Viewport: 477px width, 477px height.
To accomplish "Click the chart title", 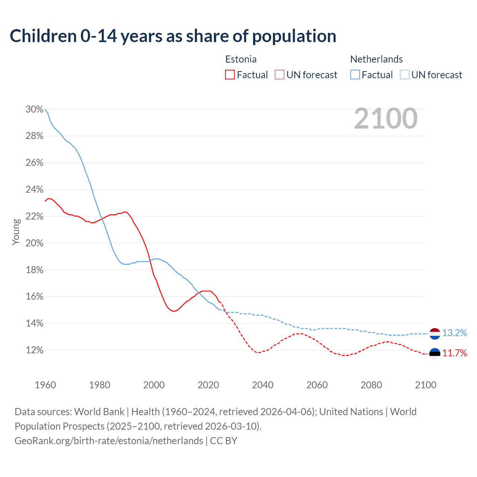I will pos(173,36).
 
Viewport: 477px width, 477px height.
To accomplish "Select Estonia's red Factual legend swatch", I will pos(230,75).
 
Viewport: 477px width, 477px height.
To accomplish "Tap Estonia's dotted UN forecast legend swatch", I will pos(279,75).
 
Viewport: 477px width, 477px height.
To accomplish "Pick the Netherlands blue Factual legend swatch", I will pos(355,75).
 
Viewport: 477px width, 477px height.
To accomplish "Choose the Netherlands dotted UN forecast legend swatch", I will pos(404,75).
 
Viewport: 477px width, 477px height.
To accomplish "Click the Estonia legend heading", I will pos(241,59).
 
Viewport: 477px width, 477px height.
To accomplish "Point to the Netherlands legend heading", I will pos(376,59).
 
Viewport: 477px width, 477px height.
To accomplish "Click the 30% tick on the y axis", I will pos(34,110).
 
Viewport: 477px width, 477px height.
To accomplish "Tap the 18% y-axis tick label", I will pos(34,270).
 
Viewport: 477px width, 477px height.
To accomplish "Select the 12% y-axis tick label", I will pos(34,350).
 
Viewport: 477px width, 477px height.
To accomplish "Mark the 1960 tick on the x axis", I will pos(45,385).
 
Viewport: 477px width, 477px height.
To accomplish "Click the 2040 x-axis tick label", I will pos(262,385).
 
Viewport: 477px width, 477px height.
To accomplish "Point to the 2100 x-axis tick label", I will pos(426,385).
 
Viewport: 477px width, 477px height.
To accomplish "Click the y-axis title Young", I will pos(16,232).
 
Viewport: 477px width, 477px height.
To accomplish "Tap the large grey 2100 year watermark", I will pos(386,119).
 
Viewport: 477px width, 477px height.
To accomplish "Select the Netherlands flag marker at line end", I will pos(435,334).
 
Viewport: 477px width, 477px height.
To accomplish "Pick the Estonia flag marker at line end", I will pos(435,353).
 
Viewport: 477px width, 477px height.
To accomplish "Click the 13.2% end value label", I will pos(455,333).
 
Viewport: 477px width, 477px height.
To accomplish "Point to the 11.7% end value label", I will pos(455,353).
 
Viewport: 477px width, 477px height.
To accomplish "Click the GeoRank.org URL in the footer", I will pos(109,441).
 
